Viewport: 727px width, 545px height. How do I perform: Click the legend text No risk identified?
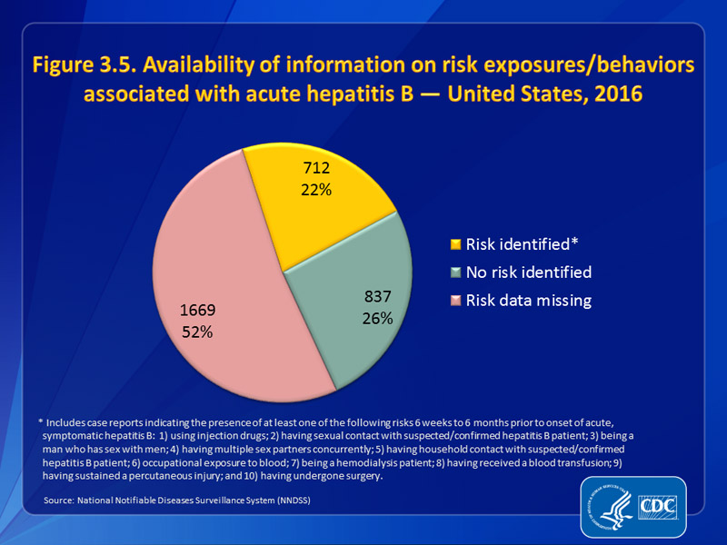coord(528,272)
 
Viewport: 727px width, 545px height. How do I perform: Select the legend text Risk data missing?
coord(528,301)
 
